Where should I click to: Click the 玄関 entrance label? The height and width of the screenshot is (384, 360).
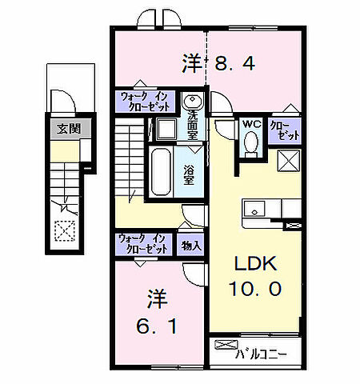69,129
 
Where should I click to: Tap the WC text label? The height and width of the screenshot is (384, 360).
251,124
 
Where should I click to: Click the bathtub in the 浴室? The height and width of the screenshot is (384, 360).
161,171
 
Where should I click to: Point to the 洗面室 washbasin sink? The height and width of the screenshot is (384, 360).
192,101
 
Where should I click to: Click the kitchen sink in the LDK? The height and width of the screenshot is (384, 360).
254,209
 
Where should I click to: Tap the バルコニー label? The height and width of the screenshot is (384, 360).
261,354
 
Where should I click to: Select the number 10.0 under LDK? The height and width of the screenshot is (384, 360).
255,289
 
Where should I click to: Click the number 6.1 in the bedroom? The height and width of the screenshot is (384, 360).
157,326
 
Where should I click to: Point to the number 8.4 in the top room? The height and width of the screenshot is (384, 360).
235,64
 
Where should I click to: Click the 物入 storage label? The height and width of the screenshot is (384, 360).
190,245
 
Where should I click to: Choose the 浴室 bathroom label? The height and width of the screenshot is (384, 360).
189,174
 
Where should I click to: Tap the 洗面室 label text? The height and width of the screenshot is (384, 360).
193,125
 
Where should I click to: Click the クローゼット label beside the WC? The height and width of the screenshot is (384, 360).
285,130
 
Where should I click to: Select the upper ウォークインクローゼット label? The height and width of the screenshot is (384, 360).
145,102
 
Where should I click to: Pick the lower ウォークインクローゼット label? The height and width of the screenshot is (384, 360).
144,244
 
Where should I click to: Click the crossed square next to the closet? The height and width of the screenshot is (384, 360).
289,161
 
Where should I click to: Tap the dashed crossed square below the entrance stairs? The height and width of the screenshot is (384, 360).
65,231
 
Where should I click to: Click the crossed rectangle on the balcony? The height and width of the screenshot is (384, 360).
226,344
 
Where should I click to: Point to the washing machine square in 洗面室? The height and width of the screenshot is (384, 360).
166,129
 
